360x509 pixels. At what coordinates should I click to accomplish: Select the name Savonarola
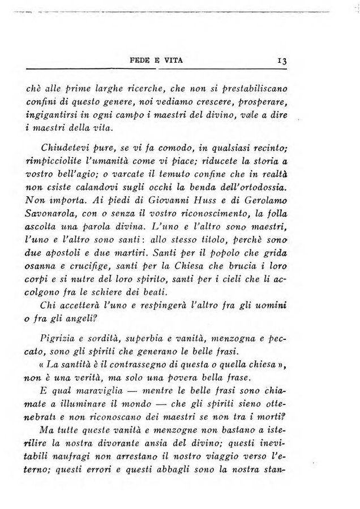click(x=54, y=213)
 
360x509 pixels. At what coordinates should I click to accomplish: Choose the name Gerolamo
click(x=258, y=200)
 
